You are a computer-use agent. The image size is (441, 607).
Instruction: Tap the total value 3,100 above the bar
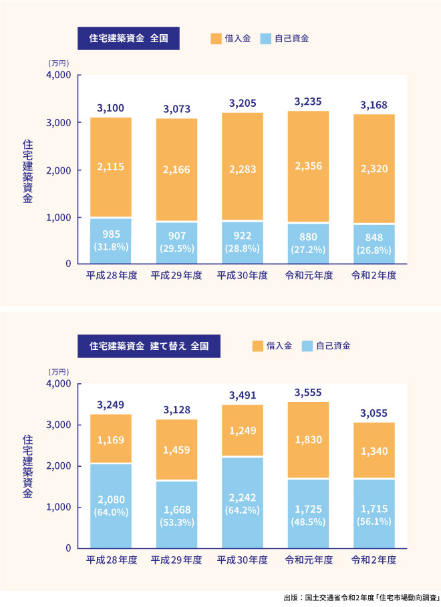point(110,108)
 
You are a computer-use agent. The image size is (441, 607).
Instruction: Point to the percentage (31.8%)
point(111,246)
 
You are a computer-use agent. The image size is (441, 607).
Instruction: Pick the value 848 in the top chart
point(374,236)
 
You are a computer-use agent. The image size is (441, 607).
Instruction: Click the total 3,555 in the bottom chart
point(308,393)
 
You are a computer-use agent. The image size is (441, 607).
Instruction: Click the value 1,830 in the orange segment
point(308,440)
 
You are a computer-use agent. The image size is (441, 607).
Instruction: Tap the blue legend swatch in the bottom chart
point(307,346)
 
